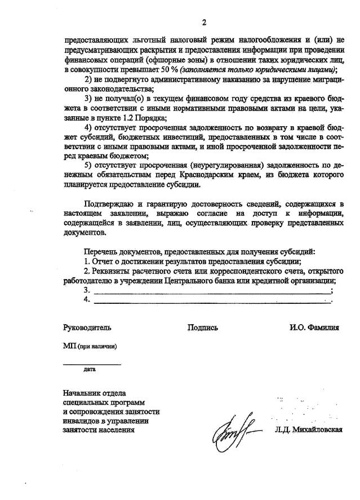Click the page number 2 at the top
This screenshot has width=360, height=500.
pos(205,23)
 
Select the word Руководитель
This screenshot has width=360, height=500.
pos(87,328)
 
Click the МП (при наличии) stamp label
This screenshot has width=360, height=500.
pos(90,346)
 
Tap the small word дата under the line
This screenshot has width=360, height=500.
pos(90,370)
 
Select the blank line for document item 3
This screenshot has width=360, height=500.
pos(212,293)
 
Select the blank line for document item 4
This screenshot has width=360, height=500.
pos(212,302)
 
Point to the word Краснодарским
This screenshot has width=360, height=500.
pos(217,176)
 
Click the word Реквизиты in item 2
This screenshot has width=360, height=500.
pos(112,271)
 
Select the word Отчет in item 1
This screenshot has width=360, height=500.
pos(104,262)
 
